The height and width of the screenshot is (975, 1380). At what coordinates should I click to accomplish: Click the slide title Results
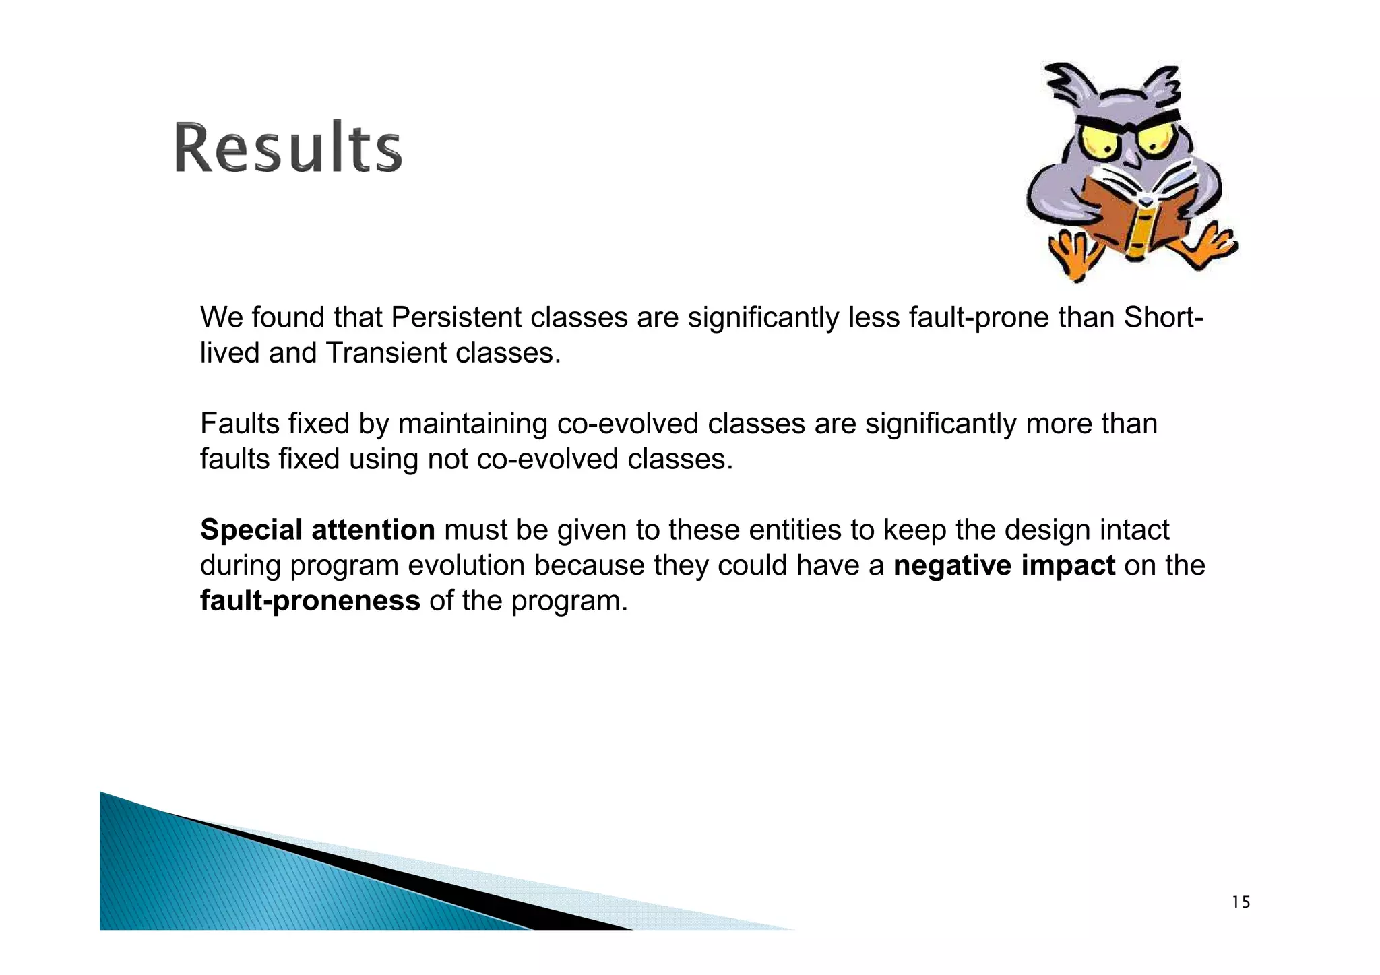(x=288, y=147)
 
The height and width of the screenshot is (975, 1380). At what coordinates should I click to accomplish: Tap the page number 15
(x=1241, y=902)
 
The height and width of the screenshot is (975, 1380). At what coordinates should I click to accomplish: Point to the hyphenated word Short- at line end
(x=1163, y=317)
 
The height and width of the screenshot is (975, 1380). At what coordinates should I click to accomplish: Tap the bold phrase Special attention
(x=317, y=530)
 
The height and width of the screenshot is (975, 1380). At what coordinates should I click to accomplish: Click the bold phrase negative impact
(x=1004, y=565)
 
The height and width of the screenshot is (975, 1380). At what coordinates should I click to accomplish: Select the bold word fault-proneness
(x=310, y=600)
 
